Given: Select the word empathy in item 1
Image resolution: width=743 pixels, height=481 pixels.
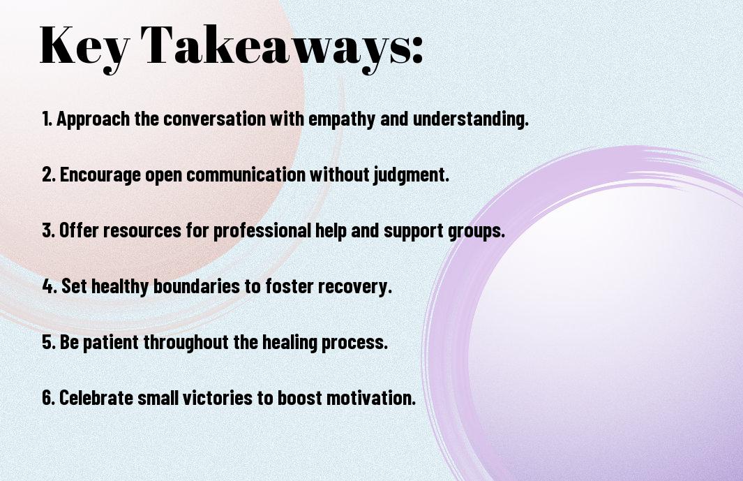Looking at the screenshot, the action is pyautogui.click(x=342, y=119).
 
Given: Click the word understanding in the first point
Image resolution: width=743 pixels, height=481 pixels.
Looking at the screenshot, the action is pyautogui.click(x=470, y=119).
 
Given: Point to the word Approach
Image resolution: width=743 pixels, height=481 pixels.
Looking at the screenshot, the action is pyautogui.click(x=93, y=119).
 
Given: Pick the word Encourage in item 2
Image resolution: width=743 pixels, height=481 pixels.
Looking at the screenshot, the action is pyautogui.click(x=100, y=175).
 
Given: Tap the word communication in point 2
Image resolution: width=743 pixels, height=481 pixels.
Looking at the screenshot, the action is pyautogui.click(x=246, y=174).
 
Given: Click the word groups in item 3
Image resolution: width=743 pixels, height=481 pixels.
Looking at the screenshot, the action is pyautogui.click(x=476, y=231).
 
